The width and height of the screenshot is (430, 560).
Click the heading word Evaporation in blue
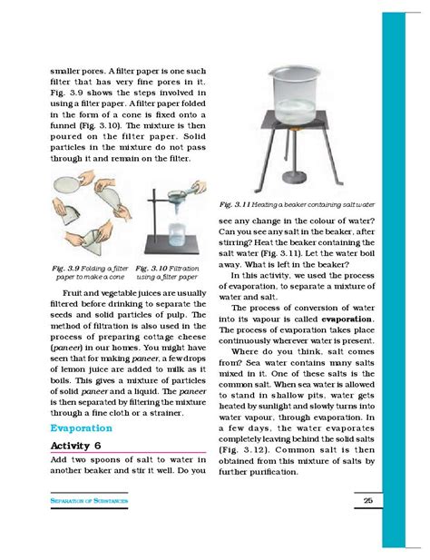(81, 427)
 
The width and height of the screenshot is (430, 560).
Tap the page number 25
(367, 501)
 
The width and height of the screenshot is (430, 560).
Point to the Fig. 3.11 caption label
(239, 207)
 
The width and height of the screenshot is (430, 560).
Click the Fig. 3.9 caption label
(72, 269)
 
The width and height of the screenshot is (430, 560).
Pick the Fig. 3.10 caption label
(154, 269)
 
